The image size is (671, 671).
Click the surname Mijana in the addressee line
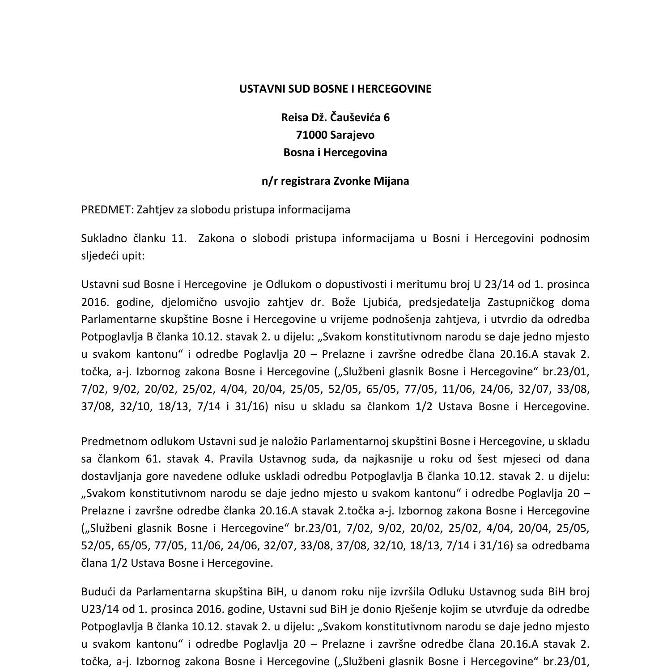coord(391,181)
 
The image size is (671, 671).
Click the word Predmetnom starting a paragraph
coord(110,442)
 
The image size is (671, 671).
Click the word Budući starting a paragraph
coord(97,592)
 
